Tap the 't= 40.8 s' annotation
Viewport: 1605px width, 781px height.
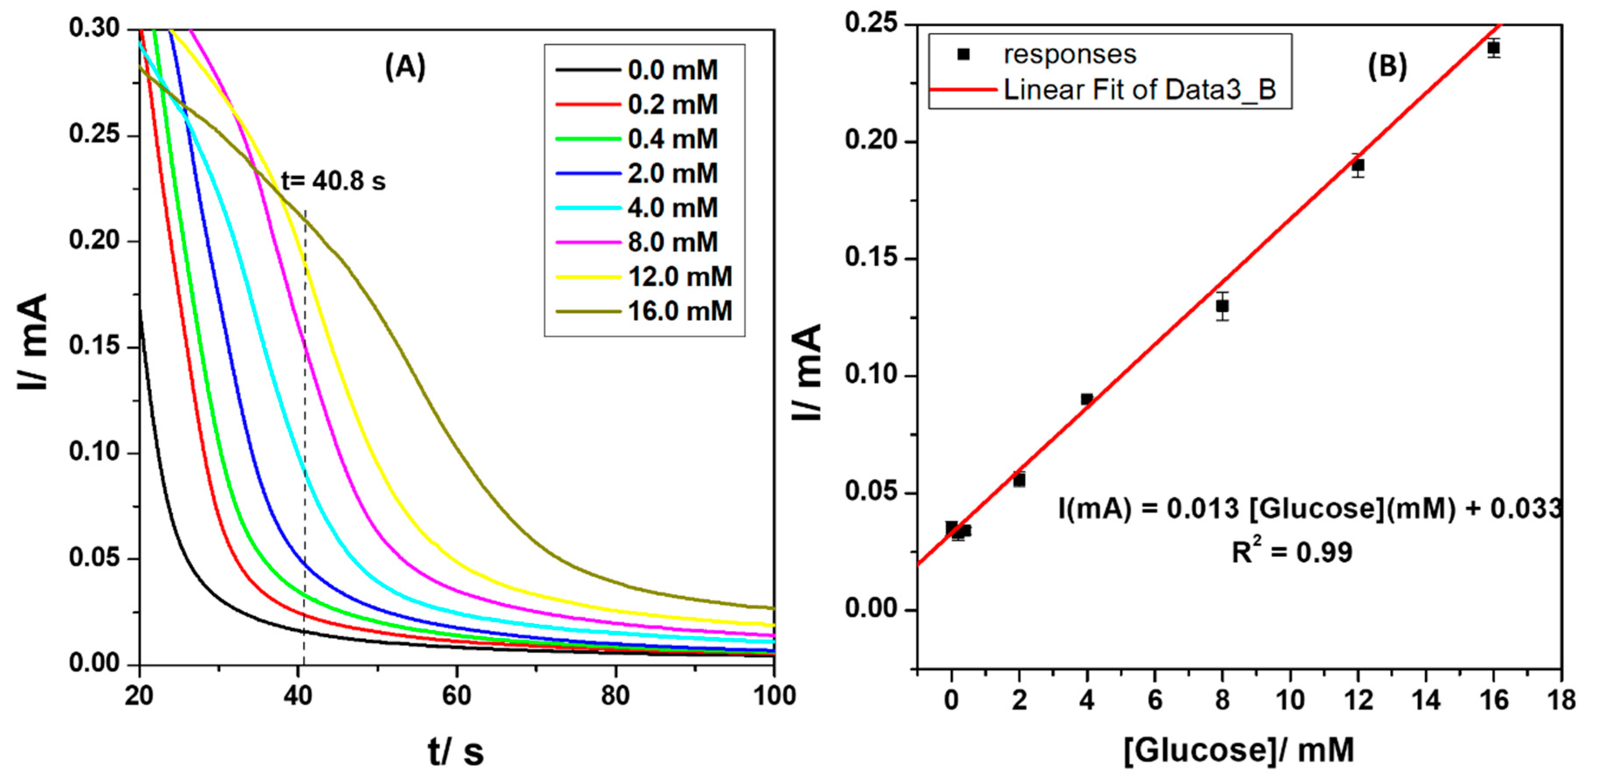[x=333, y=181]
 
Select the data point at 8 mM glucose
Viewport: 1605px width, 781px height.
[x=1223, y=306]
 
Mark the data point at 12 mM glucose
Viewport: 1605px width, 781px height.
[x=1358, y=165]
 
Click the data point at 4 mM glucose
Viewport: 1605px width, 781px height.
[x=1086, y=399]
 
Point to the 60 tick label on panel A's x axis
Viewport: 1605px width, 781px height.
[x=457, y=695]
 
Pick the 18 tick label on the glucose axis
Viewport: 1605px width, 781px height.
[x=1561, y=700]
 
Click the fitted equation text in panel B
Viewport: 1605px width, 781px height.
[x=1309, y=509]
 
